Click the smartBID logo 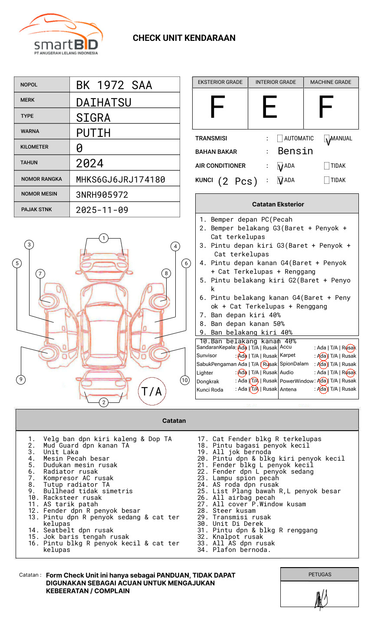(61, 35)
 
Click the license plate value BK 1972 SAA (114, 85)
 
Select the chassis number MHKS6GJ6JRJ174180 (120, 179)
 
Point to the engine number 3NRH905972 (102, 195)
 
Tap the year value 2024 (90, 163)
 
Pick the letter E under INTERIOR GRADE (269, 107)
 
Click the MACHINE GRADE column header (331, 82)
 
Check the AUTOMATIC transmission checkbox (280, 139)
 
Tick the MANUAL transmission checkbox (327, 139)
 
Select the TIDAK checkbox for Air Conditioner (327, 166)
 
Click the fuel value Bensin (295, 151)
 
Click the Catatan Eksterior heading (278, 204)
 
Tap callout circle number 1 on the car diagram (103, 238)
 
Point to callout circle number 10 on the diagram (185, 380)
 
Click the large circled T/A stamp (152, 392)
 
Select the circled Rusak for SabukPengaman (265, 364)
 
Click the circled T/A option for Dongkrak (255, 381)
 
